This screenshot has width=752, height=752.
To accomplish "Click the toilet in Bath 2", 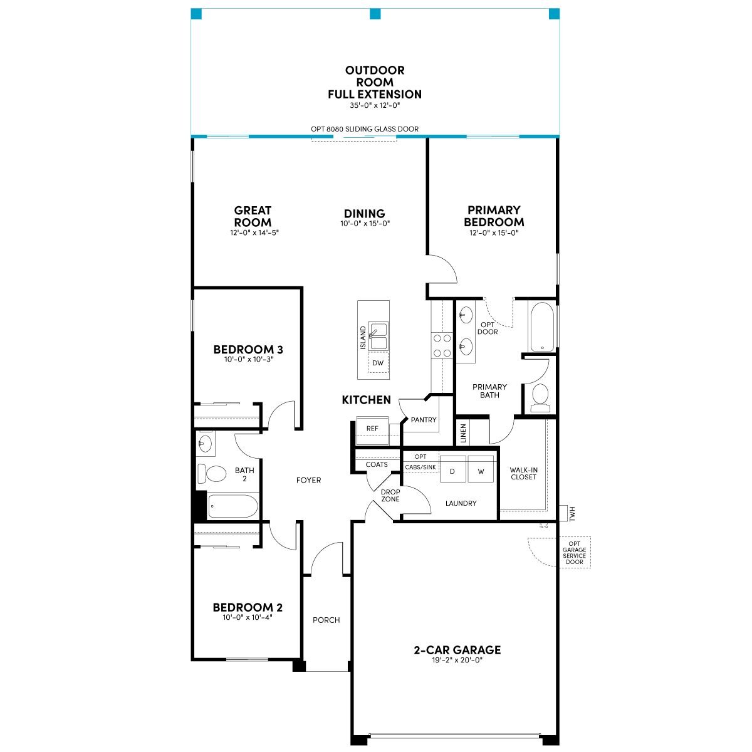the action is coord(212,473).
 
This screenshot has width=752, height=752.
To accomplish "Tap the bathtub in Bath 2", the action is coord(233,506).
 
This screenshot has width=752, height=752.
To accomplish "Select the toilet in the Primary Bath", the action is coord(540,398).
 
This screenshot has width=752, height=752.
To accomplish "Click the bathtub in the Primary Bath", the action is coord(541,326).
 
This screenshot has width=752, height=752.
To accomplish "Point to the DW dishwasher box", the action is coord(378,363).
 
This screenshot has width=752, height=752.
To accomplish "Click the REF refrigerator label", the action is coord(372,429).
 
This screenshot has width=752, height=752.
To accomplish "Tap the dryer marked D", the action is coord(452,469).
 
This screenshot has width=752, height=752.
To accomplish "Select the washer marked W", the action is coord(481,469).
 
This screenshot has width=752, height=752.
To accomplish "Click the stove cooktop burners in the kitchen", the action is coord(442,345).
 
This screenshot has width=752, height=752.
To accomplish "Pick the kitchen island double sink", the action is coord(378,336).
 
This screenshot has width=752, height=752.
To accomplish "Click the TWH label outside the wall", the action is coord(572,514).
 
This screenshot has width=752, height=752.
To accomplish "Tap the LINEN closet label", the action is coord(463,433).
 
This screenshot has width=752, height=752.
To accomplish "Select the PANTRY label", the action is coord(424,420).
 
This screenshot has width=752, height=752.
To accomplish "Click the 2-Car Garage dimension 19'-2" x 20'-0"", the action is coord(457,660).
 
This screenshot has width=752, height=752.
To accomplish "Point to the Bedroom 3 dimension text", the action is coord(248,359).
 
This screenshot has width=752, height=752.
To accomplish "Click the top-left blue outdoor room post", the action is coord(196,14).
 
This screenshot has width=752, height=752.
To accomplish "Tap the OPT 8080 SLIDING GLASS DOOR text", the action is coord(365,129).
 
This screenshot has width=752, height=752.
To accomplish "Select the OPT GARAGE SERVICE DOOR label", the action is coord(574,553).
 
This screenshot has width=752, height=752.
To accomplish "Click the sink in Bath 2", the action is coord(206,443).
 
